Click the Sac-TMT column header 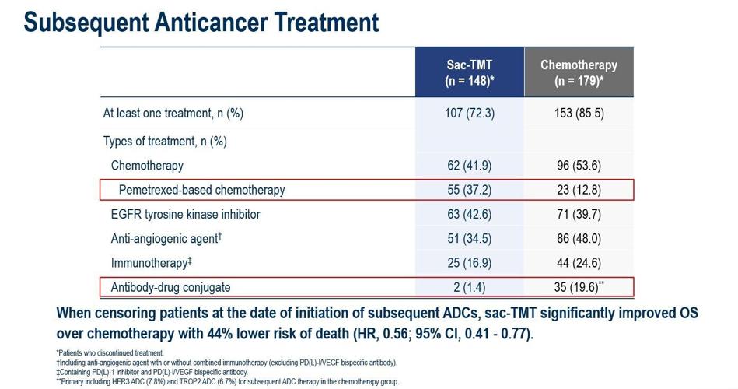coord(469,72)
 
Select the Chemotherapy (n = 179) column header coord(579,72)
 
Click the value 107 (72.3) coord(469,113)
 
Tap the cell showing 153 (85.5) coord(579,113)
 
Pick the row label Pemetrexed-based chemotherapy coord(201,190)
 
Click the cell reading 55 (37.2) coord(469,190)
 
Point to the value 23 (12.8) coord(579,190)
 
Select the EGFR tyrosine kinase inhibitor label coord(185,214)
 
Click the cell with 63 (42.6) coord(469,214)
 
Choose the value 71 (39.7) coord(579,214)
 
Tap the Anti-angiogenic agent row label coord(166,239)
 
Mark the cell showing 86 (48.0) coord(579,239)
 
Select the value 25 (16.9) coord(469,263)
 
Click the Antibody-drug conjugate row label coord(170,287)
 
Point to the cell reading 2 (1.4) coord(469,287)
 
